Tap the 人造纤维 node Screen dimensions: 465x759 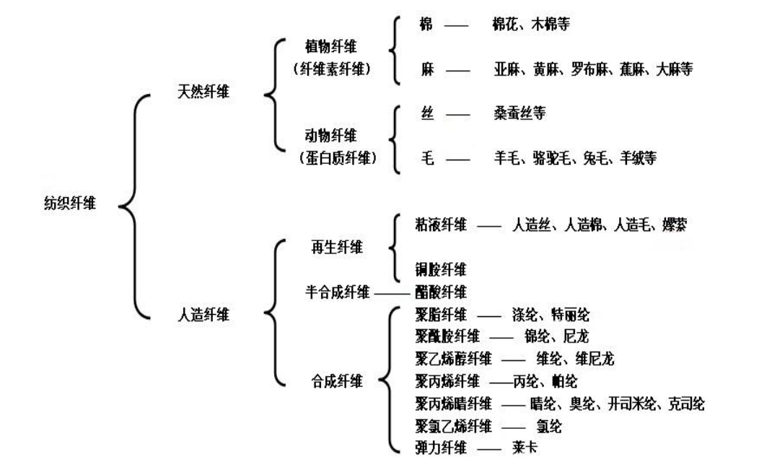204,315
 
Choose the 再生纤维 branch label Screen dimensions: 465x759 335,247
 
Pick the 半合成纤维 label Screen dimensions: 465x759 338,292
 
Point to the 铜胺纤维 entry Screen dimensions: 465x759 441,270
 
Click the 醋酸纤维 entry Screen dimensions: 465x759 441,292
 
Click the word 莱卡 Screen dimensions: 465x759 522,448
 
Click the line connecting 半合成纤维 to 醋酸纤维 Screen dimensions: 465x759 392,293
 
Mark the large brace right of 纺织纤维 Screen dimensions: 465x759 131,204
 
